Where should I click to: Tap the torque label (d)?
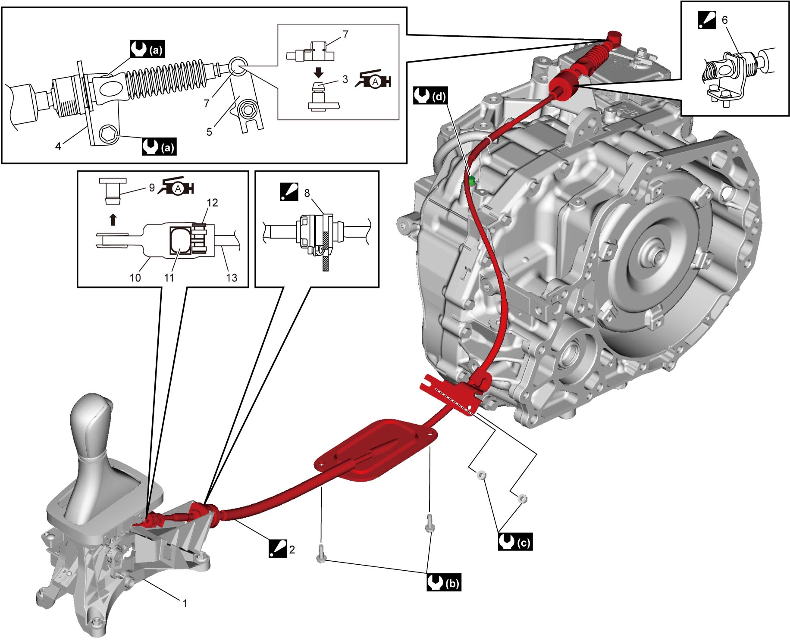click(430, 96)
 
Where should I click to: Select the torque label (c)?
click(515, 542)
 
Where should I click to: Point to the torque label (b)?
click(444, 582)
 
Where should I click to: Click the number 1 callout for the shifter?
click(185, 603)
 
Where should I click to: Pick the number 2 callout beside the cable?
click(292, 550)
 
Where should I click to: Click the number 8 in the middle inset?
click(307, 193)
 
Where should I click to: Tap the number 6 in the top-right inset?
click(724, 20)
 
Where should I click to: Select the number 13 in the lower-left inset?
click(232, 278)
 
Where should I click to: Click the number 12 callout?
click(212, 203)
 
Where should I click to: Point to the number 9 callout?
click(152, 188)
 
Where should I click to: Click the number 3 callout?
click(345, 79)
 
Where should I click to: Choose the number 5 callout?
click(209, 132)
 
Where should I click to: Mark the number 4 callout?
click(58, 147)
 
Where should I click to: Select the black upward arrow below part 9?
click(113, 219)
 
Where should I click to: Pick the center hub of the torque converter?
click(658, 256)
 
